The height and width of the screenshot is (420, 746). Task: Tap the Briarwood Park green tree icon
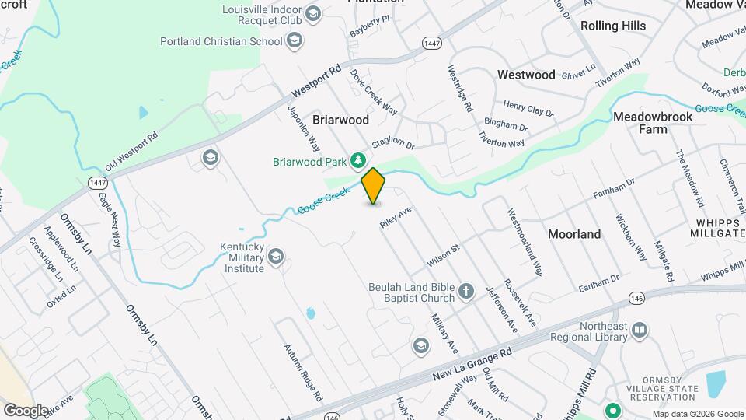pos(357,161)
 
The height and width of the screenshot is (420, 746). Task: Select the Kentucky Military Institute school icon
pos(275,256)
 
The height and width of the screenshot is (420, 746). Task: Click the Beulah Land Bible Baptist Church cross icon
pos(465,292)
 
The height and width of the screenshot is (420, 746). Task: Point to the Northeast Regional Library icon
pos(640,331)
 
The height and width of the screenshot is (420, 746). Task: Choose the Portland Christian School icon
pos(295,40)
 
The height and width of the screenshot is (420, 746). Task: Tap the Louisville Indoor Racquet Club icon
pos(312,13)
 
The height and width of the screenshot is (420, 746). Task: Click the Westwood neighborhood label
pos(526,75)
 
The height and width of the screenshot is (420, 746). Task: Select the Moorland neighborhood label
pos(574,233)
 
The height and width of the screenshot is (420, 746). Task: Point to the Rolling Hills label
pos(613,26)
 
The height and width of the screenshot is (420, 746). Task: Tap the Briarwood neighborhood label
pos(340,120)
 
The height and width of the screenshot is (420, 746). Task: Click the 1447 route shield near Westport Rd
pos(432,43)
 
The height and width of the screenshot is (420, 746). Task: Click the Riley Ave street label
pos(395,216)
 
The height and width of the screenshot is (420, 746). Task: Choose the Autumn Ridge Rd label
pos(302,373)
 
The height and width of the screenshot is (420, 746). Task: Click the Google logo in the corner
pos(26,410)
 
